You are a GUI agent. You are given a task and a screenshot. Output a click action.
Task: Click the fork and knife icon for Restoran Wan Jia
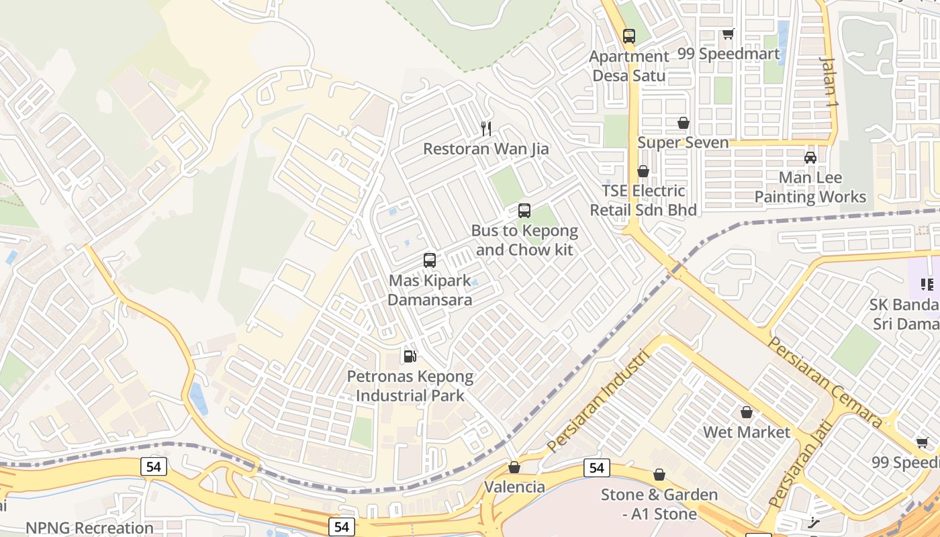487,128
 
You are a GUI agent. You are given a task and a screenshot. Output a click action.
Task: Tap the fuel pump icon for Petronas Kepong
410,356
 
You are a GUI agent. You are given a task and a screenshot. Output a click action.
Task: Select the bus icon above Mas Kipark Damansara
430,260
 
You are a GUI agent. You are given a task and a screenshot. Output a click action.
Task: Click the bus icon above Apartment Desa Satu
629,36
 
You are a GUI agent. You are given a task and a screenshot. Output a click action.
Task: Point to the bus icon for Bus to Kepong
524,211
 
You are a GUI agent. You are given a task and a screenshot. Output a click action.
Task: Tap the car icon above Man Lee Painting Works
810,158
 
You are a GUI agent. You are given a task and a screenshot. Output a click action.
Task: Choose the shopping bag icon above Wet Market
747,412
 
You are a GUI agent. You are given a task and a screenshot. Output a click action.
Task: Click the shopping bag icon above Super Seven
684,123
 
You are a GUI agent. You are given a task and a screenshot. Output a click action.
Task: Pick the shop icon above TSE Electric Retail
643,171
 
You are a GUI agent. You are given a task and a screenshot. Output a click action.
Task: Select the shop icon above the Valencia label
514,467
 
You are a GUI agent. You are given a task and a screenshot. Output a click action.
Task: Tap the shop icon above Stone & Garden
659,475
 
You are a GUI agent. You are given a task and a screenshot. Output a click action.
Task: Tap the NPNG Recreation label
89,528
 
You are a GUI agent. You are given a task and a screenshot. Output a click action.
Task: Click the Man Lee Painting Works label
810,187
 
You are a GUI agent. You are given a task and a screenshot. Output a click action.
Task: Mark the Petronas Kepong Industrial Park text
410,386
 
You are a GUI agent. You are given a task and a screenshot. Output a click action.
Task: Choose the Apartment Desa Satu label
629,66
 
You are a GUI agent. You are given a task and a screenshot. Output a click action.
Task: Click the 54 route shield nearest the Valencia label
596,468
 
